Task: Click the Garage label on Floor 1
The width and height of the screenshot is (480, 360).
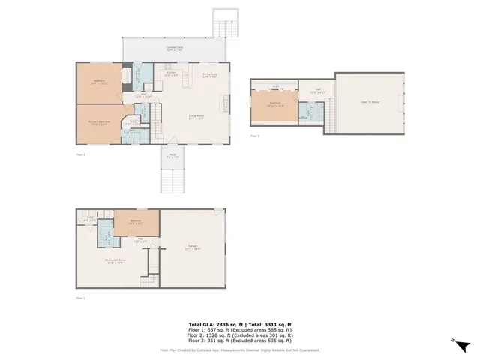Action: [x=193, y=248]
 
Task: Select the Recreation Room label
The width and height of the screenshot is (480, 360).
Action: [x=115, y=262]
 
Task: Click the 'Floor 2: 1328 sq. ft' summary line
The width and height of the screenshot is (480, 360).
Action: [x=239, y=335]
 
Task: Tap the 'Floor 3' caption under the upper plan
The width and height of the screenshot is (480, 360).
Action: [x=255, y=136]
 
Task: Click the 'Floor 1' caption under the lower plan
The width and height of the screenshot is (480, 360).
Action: [x=80, y=298]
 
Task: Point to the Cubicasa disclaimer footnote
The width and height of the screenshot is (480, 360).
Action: [x=239, y=349]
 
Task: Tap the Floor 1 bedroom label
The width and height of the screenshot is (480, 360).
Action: [x=136, y=222]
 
